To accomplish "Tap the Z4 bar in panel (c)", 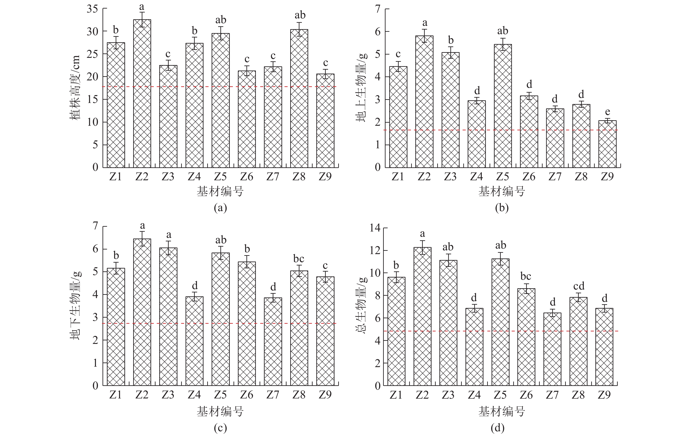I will (195, 341).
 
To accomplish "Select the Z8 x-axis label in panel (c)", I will (299, 395).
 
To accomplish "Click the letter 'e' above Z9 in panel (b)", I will (607, 111).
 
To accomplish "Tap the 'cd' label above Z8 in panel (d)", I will (579, 286).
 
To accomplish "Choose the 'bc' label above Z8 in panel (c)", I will (299, 259).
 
